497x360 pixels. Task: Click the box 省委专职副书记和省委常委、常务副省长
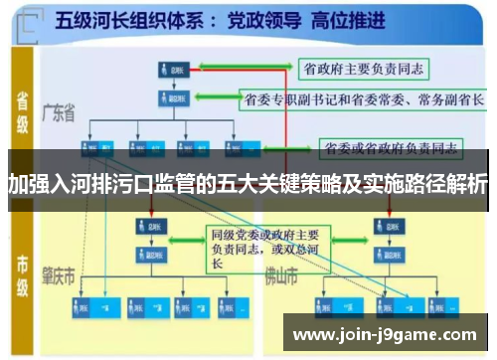[364, 99]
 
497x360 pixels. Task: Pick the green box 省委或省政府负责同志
[391, 149]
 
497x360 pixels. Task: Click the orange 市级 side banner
[23, 270]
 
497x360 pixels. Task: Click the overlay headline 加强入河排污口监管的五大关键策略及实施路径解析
[248, 184]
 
